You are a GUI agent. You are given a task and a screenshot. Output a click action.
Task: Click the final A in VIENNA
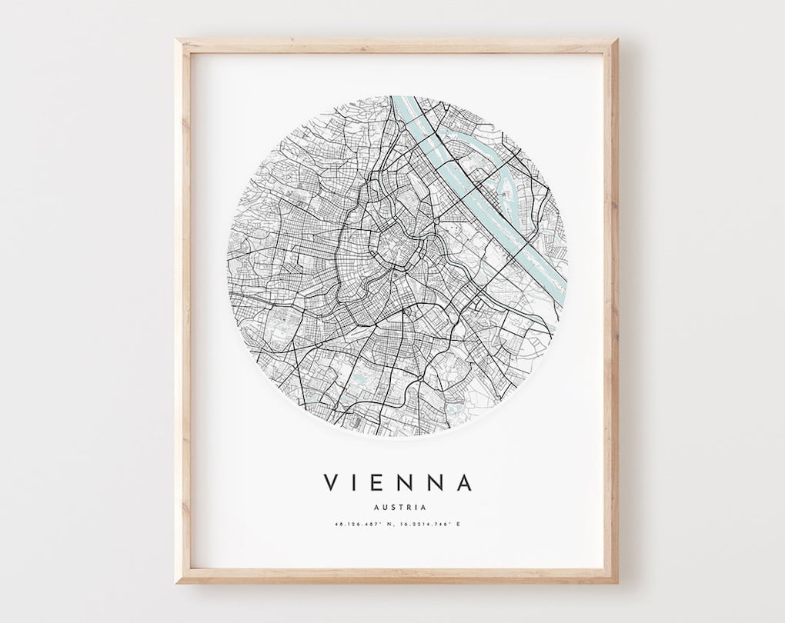(x=463, y=482)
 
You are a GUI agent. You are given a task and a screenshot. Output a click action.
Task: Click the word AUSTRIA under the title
(x=398, y=507)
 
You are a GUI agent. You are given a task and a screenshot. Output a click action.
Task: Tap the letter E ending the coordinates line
(x=459, y=525)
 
